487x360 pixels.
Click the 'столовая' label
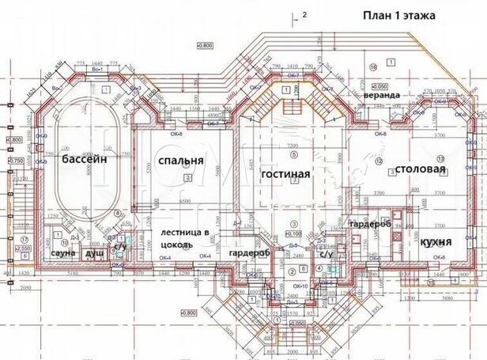coord(417,169)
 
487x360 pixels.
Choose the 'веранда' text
coord(381,95)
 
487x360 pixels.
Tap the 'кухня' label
coord(436,241)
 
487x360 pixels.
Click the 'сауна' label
coord(62,252)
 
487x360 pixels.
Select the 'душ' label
coord(95,253)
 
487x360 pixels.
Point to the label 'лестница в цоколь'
coord(185,239)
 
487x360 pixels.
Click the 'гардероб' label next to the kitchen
coord(370,224)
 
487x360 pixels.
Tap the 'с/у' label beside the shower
coord(119,247)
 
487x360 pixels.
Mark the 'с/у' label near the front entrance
coord(326,254)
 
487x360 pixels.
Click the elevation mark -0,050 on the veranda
coord(380,85)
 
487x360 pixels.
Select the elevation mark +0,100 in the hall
coord(293,233)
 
